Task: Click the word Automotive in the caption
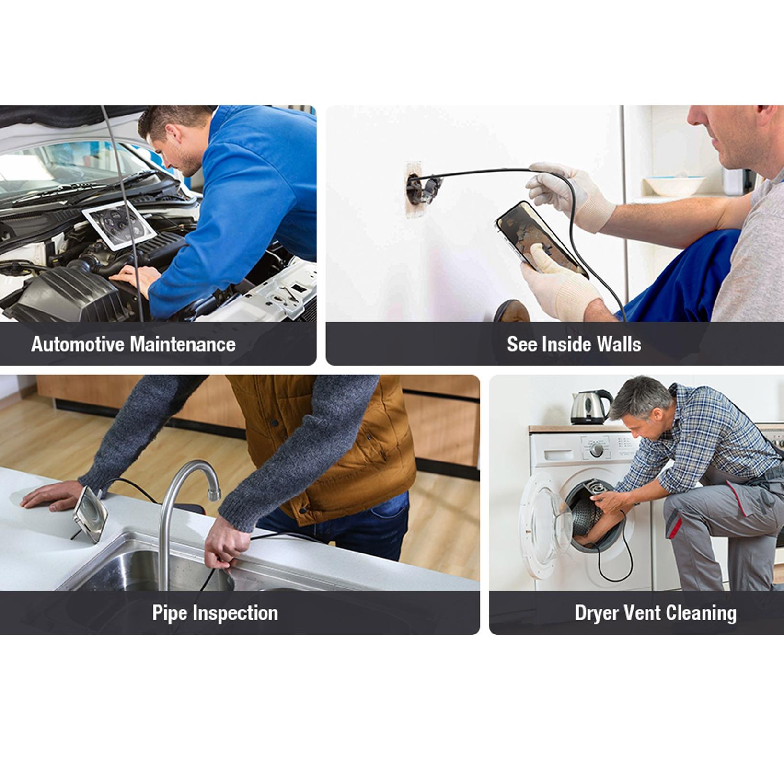pyautogui.click(x=78, y=344)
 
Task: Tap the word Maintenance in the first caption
pyautogui.click(x=183, y=344)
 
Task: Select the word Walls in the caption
pyautogui.click(x=618, y=344)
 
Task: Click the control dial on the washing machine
pyautogui.click(x=597, y=450)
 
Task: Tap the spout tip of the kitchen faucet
pyautogui.click(x=213, y=494)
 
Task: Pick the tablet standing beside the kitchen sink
pyautogui.click(x=91, y=514)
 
